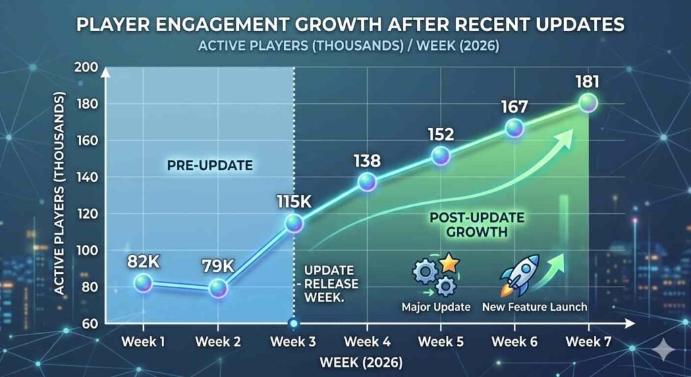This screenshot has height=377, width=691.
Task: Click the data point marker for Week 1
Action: point(142,283)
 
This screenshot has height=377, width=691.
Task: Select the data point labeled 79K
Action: point(218,288)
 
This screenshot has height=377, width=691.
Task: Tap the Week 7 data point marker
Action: point(588,103)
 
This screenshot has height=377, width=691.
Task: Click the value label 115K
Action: point(294,202)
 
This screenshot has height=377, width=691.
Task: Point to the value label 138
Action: point(366,161)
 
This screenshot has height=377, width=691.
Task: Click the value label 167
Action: point(514,107)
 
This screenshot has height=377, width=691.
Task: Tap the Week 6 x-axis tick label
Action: point(514,342)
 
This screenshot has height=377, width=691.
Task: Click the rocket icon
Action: point(520,276)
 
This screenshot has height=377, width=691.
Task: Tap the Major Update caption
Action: point(435,307)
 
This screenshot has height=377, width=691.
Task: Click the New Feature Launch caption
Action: point(534,307)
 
